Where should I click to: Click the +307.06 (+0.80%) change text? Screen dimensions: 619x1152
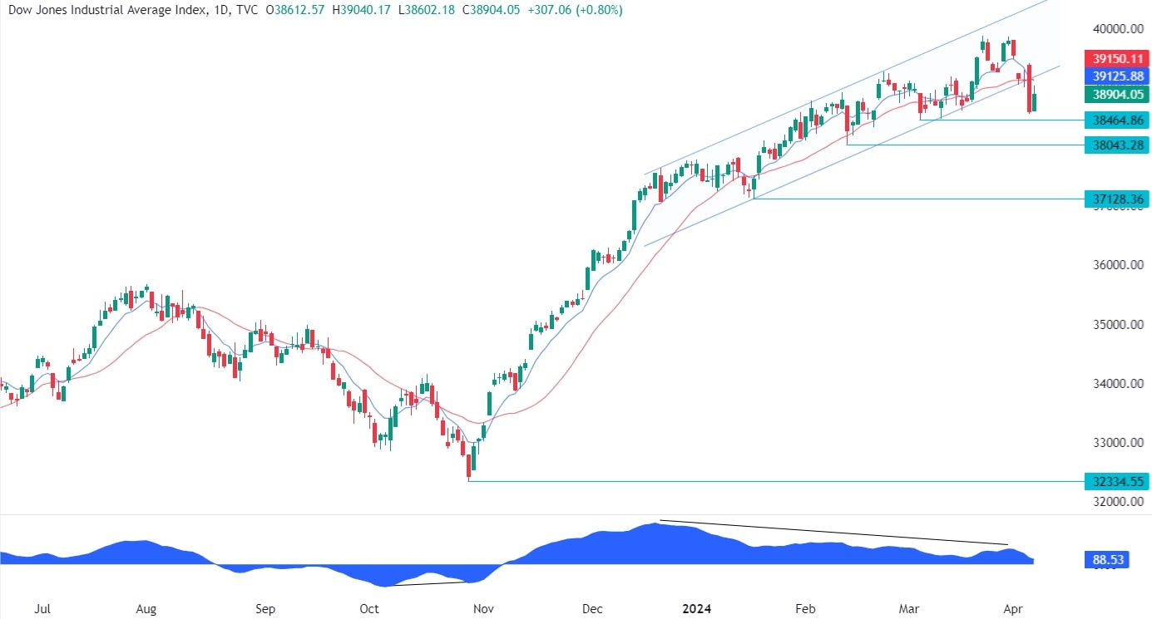coord(574,10)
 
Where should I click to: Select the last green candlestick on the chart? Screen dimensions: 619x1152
coord(1034,102)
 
